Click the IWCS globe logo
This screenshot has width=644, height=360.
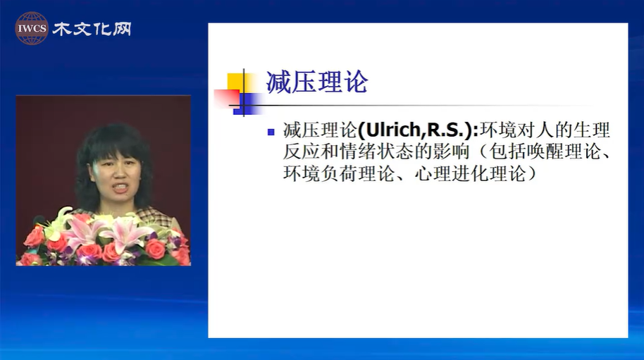click(x=32, y=28)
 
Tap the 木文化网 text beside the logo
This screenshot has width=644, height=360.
click(x=92, y=29)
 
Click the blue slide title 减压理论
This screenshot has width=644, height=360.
click(x=316, y=82)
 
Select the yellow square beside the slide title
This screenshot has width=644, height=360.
click(x=236, y=83)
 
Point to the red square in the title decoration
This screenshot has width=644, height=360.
click(x=227, y=99)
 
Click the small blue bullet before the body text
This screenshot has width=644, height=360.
click(x=271, y=132)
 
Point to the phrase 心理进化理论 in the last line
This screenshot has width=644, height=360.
click(x=470, y=173)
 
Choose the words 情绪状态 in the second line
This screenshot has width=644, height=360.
click(x=376, y=151)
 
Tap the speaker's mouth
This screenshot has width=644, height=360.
click(x=120, y=188)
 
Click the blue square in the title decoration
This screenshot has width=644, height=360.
click(x=247, y=104)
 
